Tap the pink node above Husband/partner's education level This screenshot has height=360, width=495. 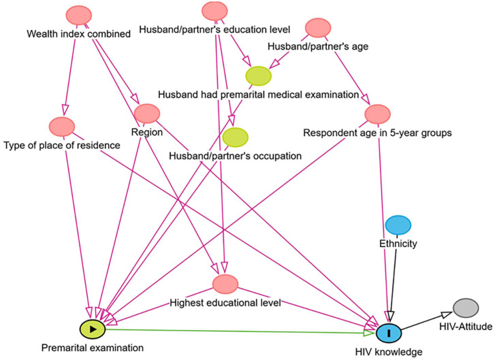pyautogui.click(x=215, y=10)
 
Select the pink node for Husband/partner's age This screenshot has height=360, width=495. pyautogui.click(x=318, y=29)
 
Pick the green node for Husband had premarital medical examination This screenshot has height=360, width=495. pyautogui.click(x=258, y=76)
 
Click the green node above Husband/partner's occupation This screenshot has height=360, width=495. pyautogui.click(x=234, y=138)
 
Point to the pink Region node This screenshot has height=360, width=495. pyautogui.click(x=146, y=114)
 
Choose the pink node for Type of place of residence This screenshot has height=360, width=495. pyautogui.click(x=61, y=127)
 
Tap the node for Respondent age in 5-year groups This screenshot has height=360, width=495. pyautogui.click(x=377, y=114)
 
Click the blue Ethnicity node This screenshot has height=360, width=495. pyautogui.click(x=398, y=224)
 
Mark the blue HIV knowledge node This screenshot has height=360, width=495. pyautogui.click(x=389, y=333)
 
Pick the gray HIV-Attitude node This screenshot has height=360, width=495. pyautogui.click(x=466, y=308)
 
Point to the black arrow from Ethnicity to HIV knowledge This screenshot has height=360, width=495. pyautogui.click(x=393, y=279)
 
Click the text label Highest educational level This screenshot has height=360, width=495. pyautogui.click(x=225, y=301)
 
